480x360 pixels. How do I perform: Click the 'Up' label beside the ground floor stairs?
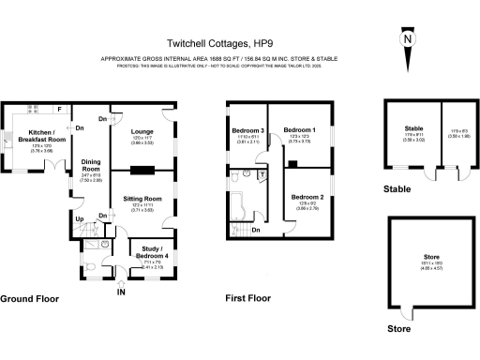(79, 218)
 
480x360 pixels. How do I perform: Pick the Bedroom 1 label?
(300, 129)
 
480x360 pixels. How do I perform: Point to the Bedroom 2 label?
(308, 198)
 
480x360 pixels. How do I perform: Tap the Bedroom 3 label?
(249, 129)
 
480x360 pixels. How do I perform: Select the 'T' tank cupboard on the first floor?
(262, 175)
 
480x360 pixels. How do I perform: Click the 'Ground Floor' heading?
(29, 300)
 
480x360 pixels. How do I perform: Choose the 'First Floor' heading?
(248, 300)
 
